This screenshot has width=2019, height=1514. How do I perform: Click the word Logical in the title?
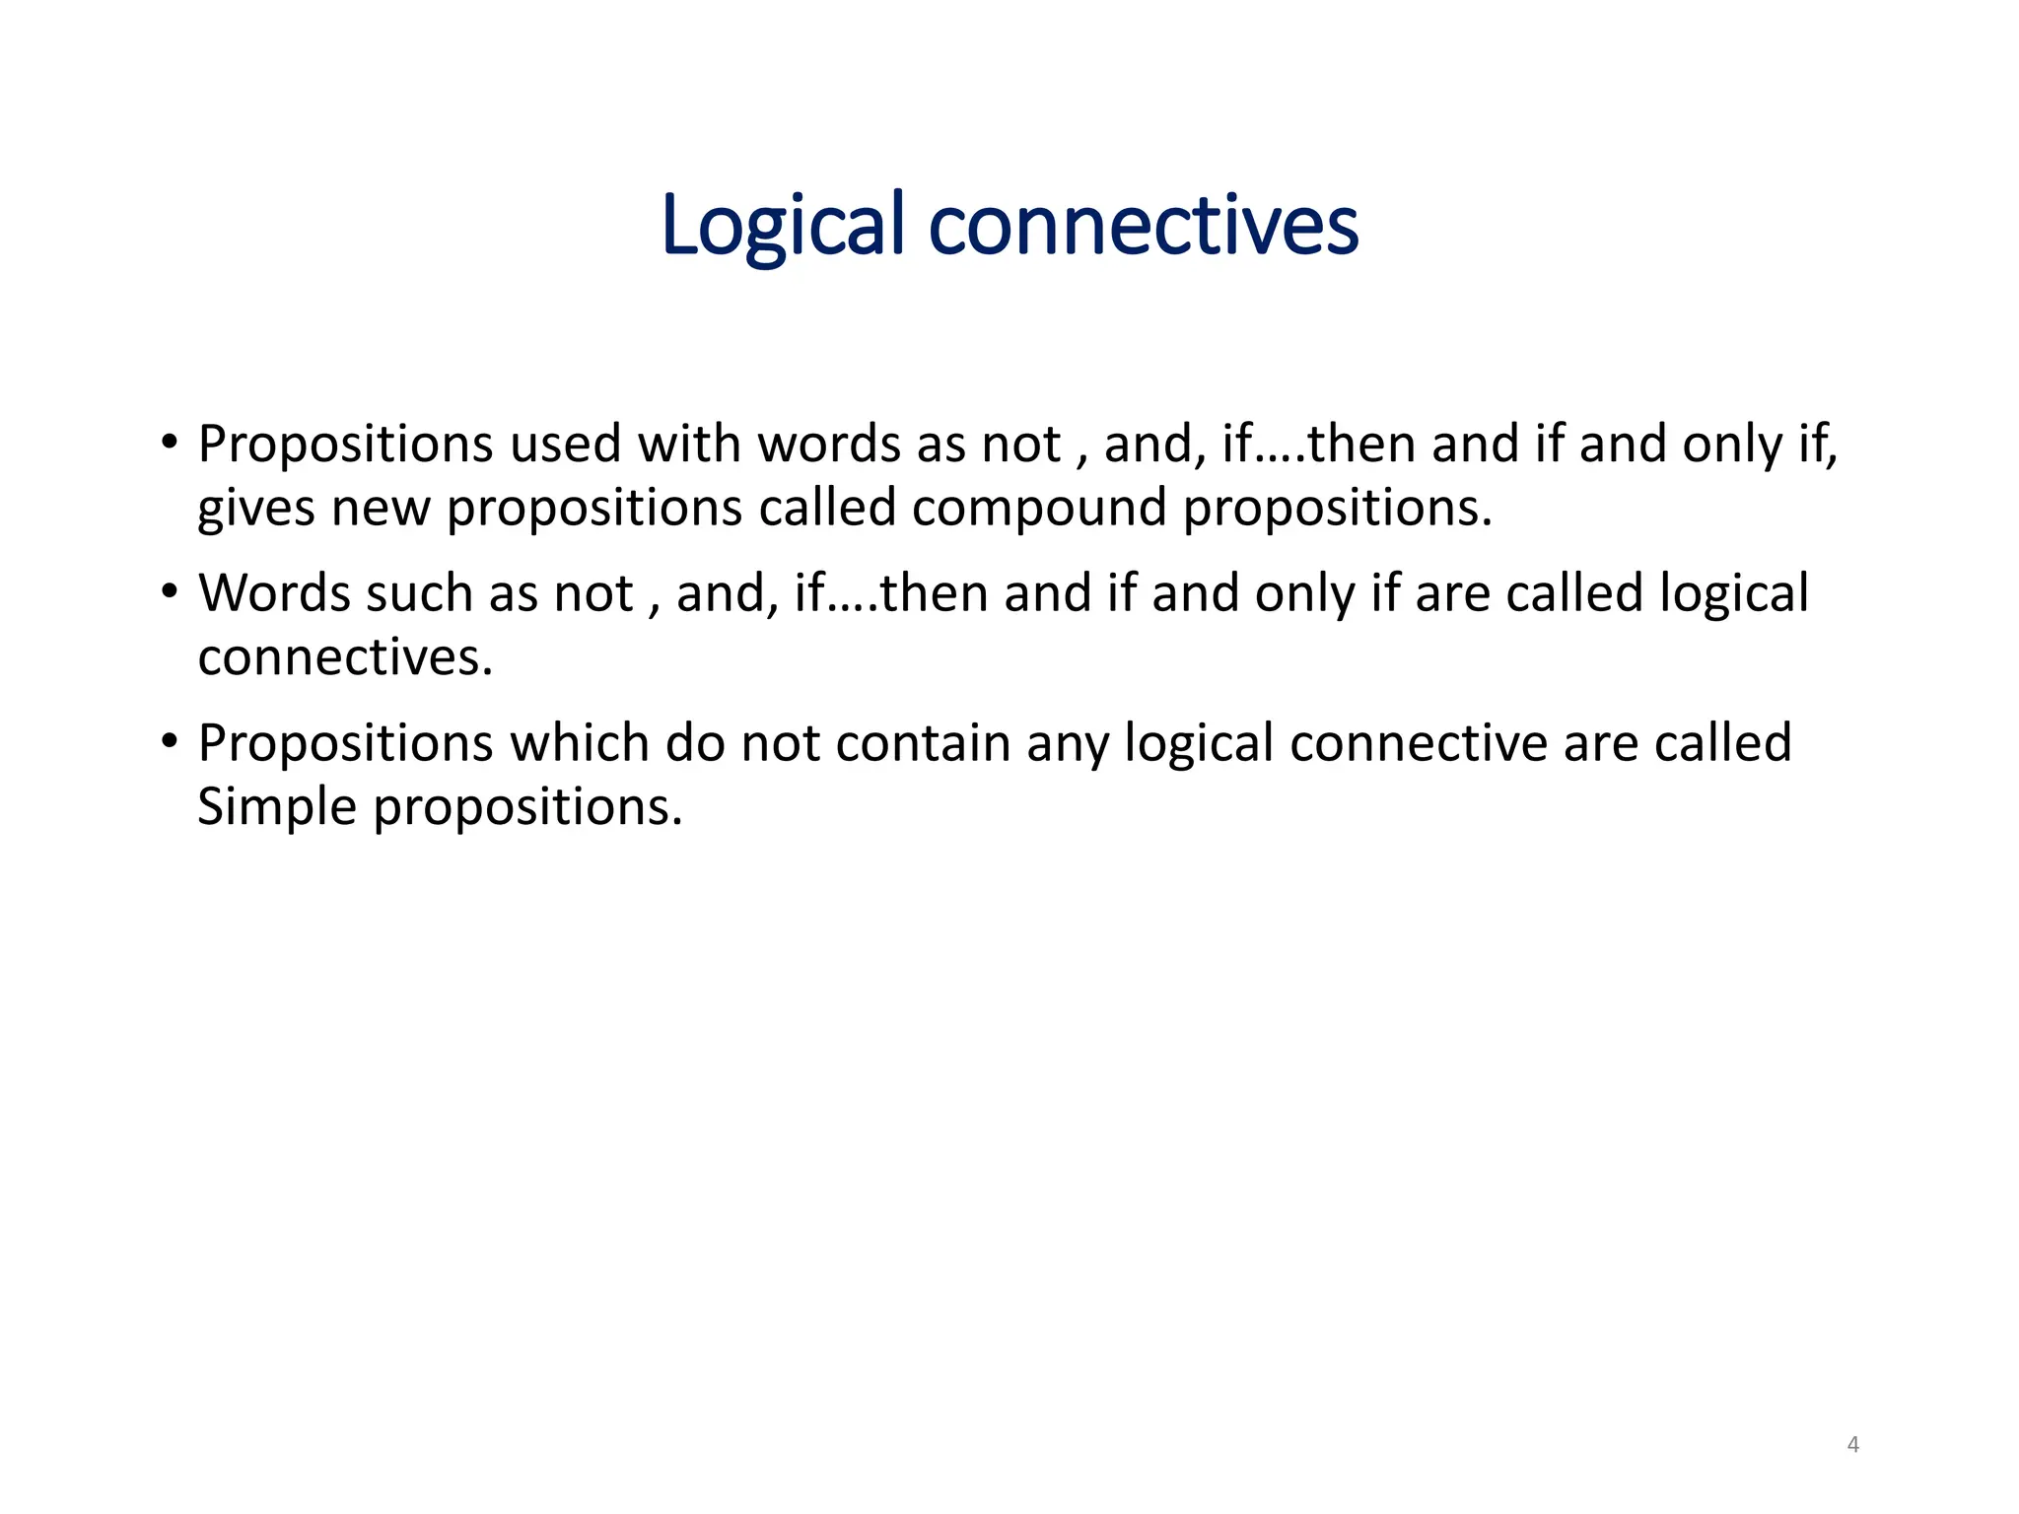[782, 226]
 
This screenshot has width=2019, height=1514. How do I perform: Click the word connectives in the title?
[1144, 226]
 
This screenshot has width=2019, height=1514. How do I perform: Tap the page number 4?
[1852, 1445]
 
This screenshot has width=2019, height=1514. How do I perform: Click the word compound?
[1038, 508]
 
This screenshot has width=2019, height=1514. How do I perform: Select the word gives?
[256, 508]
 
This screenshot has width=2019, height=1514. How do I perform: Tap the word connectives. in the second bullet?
[345, 657]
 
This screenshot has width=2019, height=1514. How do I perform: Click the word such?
[419, 593]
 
